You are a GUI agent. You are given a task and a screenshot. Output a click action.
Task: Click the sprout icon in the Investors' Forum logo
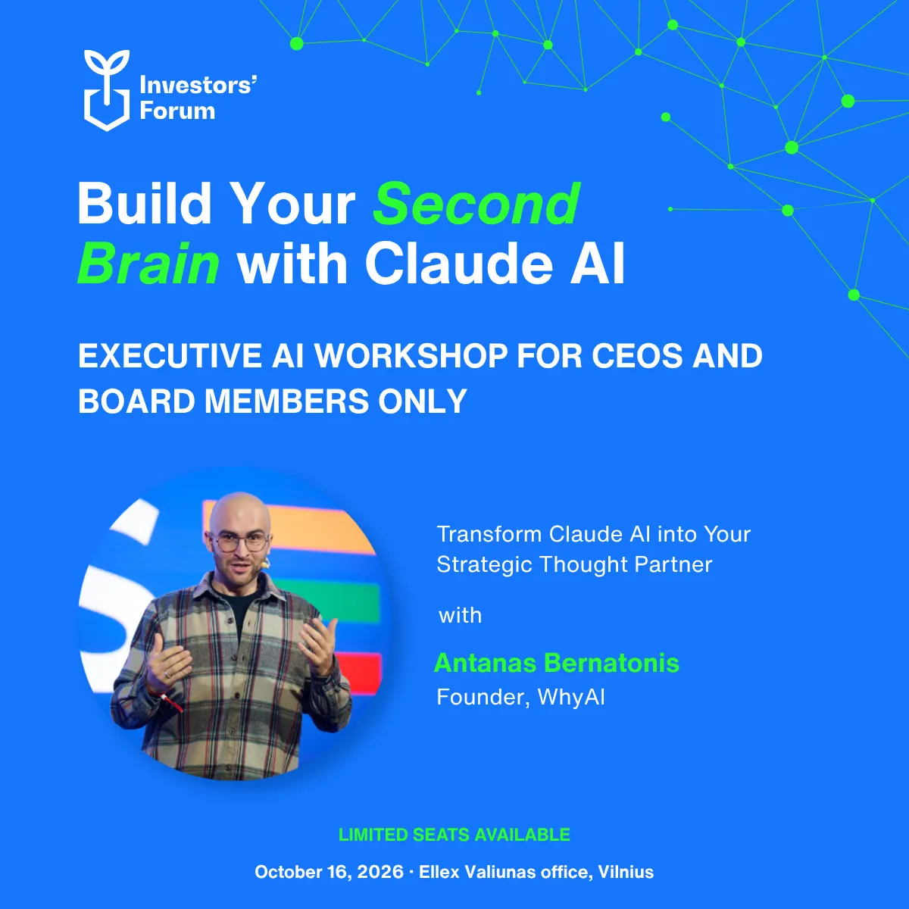pyautogui.click(x=107, y=90)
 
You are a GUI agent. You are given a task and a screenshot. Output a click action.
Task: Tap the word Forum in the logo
pyautogui.click(x=177, y=111)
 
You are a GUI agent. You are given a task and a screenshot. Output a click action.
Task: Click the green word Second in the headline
pyautogui.click(x=476, y=204)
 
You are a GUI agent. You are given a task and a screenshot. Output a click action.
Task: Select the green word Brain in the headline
pyautogui.click(x=148, y=263)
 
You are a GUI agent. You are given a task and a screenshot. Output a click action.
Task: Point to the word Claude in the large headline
pyautogui.click(x=458, y=263)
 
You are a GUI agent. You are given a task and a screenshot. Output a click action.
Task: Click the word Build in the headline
pyautogui.click(x=145, y=204)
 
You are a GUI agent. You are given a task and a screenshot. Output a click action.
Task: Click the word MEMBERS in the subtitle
pyautogui.click(x=286, y=401)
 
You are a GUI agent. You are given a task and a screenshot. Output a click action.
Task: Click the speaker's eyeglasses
pyautogui.click(x=240, y=542)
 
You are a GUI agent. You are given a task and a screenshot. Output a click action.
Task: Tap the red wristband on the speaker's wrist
pyautogui.click(x=170, y=702)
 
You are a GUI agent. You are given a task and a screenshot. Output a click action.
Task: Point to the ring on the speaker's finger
pyautogui.click(x=167, y=674)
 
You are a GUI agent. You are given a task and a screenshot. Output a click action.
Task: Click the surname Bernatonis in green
pyautogui.click(x=612, y=663)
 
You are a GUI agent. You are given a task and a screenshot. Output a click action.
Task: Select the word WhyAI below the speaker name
pyautogui.click(x=571, y=697)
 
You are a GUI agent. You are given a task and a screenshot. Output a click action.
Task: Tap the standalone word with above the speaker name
pyautogui.click(x=460, y=616)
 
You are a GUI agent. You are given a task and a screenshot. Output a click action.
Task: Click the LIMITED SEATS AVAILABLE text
pyautogui.click(x=454, y=835)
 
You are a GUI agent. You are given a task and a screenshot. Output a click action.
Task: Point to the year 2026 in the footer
pyautogui.click(x=380, y=872)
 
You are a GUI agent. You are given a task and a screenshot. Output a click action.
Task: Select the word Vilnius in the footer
pyautogui.click(x=626, y=872)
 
